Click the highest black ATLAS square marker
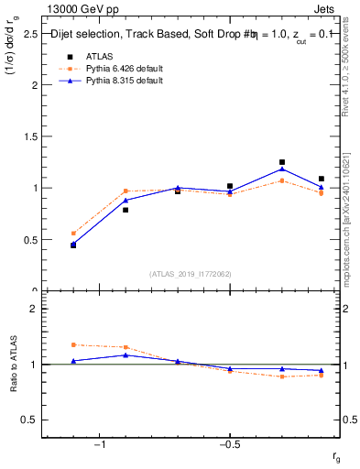[282, 162]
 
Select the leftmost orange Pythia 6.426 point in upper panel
[73, 234]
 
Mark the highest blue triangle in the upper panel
[282, 169]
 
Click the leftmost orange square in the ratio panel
[73, 344]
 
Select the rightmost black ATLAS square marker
[322, 179]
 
